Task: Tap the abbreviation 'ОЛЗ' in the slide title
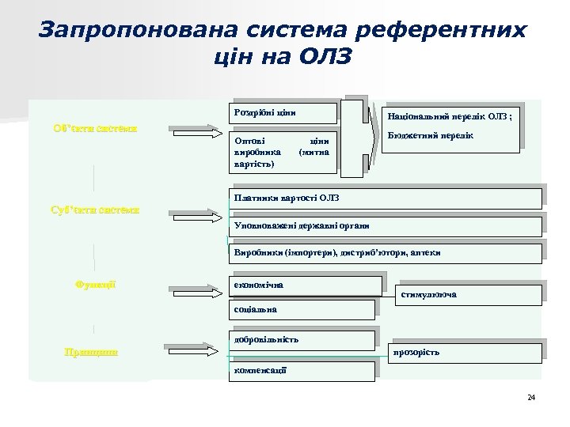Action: [325, 57]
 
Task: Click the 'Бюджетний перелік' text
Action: [431, 136]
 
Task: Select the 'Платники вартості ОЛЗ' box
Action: [383, 197]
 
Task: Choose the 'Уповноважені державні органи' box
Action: [383, 225]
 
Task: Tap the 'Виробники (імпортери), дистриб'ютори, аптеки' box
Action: [383, 252]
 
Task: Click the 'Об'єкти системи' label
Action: [95, 128]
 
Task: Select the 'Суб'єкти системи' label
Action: [95, 210]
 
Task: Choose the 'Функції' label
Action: [95, 284]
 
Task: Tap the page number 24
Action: [530, 396]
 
